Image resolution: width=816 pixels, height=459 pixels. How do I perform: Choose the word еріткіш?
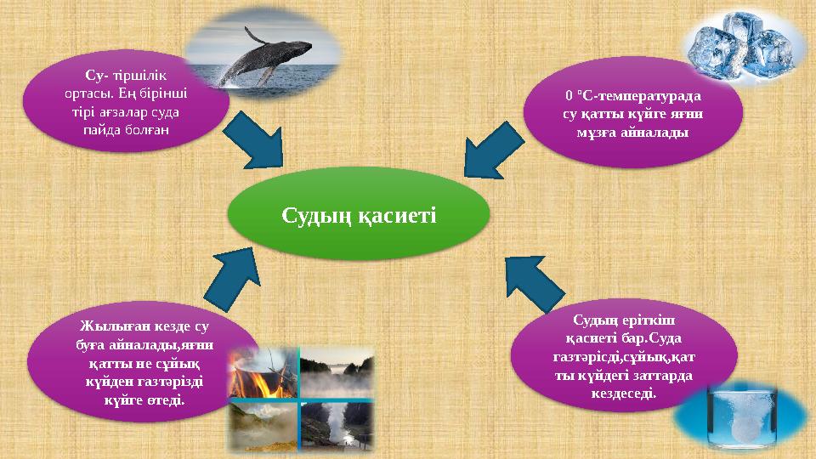click(x=653, y=319)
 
